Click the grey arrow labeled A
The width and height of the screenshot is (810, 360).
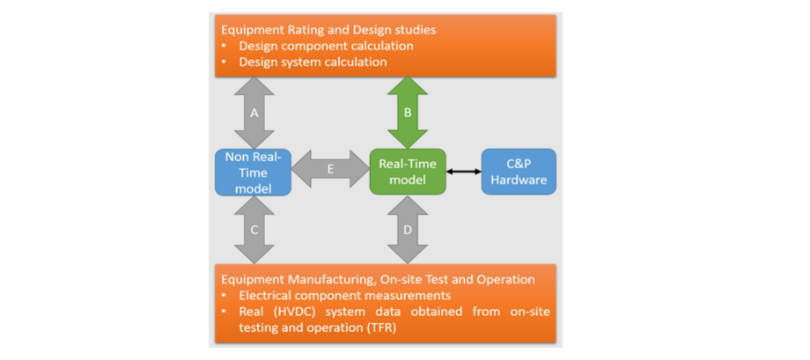click(254, 113)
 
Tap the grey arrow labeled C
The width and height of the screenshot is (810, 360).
click(254, 230)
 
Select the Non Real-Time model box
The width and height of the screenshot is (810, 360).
click(254, 172)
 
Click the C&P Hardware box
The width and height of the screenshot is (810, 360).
click(519, 172)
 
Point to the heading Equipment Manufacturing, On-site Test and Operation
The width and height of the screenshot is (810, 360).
click(379, 279)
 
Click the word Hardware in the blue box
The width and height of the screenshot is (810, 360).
click(519, 180)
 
